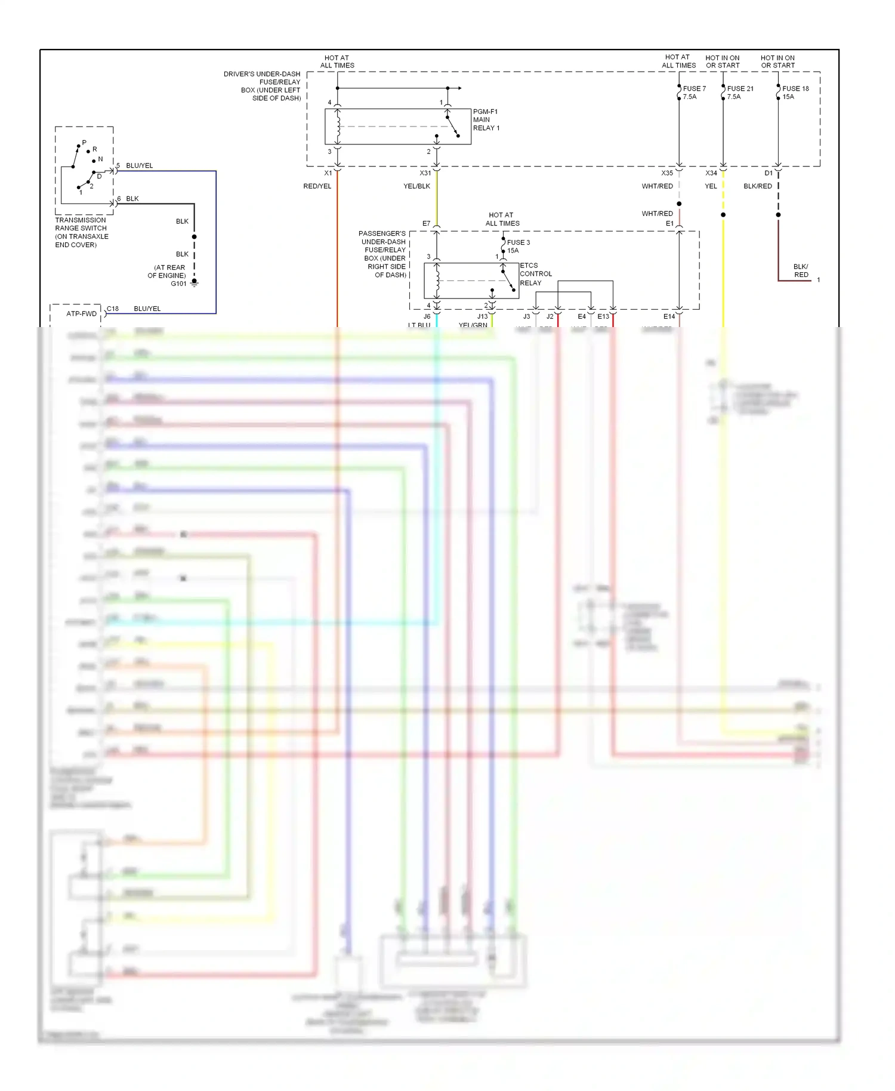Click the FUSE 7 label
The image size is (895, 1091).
[x=694, y=89]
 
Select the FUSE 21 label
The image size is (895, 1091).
[x=740, y=89]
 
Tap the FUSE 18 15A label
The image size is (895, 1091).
[x=795, y=93]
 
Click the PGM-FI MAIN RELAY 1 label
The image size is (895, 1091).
[x=486, y=120]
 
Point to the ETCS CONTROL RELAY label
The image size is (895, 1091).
[x=535, y=274]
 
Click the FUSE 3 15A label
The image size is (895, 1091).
[x=517, y=246]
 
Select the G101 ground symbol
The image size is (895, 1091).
[x=194, y=283]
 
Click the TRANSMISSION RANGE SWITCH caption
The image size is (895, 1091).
[x=81, y=232]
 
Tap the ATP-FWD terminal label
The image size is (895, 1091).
[x=81, y=313]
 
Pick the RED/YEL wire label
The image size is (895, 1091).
[x=317, y=186]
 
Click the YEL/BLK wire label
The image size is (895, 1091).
[x=416, y=186]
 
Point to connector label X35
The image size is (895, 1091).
[x=666, y=173]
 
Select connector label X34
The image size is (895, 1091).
[x=711, y=173]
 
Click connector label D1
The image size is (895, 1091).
[x=768, y=173]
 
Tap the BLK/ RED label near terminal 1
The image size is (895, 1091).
[x=801, y=270]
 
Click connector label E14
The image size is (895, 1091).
[x=669, y=316]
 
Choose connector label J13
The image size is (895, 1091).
[x=482, y=316]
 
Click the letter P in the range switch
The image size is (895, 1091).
[x=84, y=143]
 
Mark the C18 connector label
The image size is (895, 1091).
[x=113, y=309]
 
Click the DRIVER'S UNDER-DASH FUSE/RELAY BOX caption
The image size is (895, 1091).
[x=263, y=86]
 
